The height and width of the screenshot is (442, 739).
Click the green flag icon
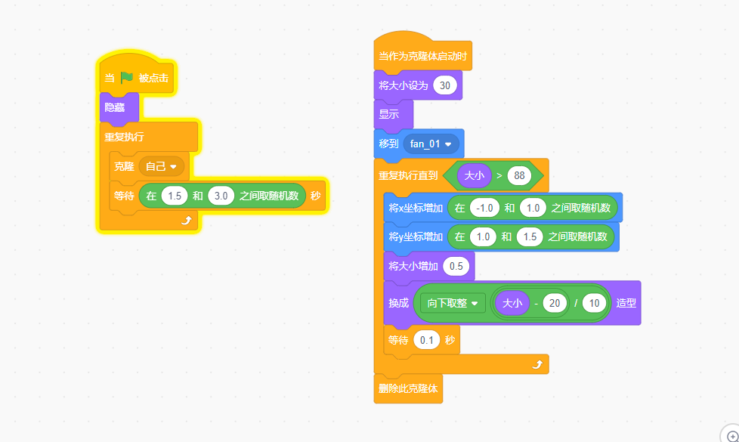coord(126,77)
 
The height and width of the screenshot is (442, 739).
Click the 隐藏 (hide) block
coord(115,107)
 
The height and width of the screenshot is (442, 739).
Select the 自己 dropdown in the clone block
coord(161,165)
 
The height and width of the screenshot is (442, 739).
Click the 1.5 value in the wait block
coord(175,196)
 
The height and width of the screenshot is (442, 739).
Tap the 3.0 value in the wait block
coord(221,196)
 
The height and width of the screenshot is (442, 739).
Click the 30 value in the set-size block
coord(444,85)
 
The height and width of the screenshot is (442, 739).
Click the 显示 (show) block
coord(389,114)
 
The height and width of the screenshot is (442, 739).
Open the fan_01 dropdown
coord(431,143)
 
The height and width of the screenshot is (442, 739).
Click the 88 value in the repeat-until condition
coord(519,175)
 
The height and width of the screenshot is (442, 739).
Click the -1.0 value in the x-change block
coord(482,208)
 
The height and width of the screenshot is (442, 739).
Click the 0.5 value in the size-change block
coord(456,266)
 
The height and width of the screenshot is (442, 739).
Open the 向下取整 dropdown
coord(453,303)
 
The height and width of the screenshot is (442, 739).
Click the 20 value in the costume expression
coord(555,303)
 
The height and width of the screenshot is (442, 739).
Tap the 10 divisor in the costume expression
coord(594,303)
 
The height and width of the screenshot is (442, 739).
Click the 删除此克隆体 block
coord(408,389)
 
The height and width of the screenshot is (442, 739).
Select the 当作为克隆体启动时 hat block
coord(422,55)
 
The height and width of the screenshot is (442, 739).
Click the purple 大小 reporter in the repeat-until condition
coord(475,175)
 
